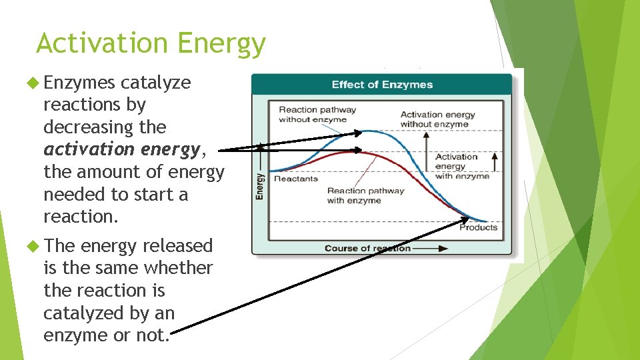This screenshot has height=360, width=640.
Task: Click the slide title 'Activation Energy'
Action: click(x=151, y=44)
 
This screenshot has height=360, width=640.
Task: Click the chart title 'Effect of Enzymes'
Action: click(x=382, y=85)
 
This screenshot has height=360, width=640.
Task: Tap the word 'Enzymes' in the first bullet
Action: click(x=79, y=83)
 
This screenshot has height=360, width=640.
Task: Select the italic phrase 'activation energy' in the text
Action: click(x=121, y=149)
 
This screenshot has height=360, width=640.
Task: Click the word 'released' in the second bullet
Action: click(x=177, y=246)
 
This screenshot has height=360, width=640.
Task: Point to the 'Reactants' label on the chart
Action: click(x=296, y=179)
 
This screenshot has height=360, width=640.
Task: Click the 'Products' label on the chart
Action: click(x=478, y=227)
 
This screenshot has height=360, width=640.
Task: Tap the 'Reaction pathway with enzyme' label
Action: click(x=365, y=195)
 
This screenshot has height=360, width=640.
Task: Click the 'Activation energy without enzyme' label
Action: click(x=437, y=119)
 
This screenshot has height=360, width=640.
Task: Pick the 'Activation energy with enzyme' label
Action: click(x=462, y=166)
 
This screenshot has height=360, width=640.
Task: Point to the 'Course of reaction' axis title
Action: click(x=367, y=249)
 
